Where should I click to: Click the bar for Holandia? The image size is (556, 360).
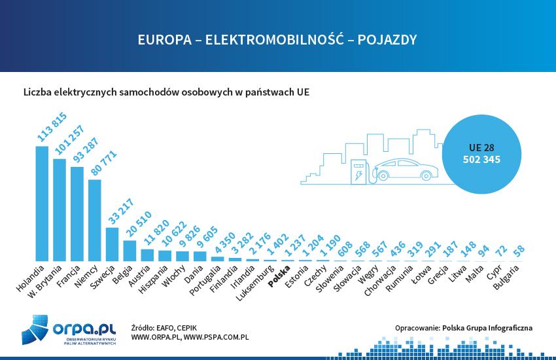pos(42,203)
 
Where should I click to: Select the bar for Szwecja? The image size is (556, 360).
pos(113,243)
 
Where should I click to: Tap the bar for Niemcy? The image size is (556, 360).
pos(95,220)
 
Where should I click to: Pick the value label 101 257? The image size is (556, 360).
pos(65,139)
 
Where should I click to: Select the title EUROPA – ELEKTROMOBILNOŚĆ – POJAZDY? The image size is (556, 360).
pos(277,40)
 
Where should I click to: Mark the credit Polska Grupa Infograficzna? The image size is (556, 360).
pos(487,327)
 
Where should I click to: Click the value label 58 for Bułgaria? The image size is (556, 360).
pos(520,251)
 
